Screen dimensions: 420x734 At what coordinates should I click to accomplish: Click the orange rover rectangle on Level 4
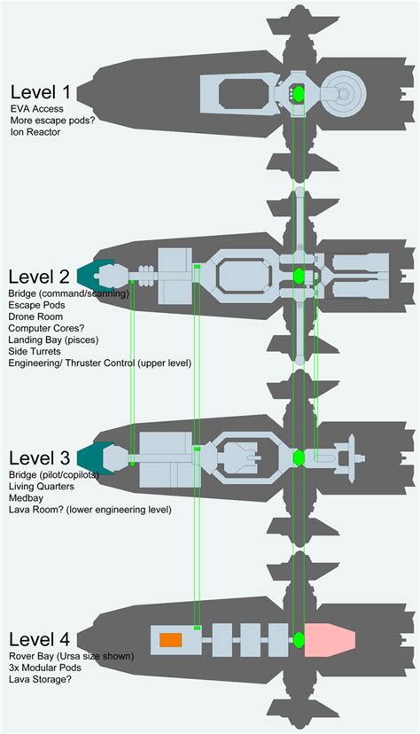(x=171, y=640)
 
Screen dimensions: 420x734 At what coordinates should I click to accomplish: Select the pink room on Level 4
(x=330, y=639)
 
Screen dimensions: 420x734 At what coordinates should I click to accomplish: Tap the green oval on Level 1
(x=299, y=94)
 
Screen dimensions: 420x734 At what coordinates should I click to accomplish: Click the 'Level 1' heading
(x=40, y=92)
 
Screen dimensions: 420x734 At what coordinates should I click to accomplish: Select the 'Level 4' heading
(x=39, y=639)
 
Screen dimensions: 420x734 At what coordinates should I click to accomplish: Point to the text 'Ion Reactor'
(x=35, y=132)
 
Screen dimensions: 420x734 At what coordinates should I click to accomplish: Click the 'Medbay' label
(x=26, y=497)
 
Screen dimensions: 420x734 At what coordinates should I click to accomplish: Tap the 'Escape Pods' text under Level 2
(x=36, y=305)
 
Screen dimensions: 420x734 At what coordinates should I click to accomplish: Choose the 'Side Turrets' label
(x=35, y=351)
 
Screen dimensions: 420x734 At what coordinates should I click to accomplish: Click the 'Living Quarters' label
(x=41, y=487)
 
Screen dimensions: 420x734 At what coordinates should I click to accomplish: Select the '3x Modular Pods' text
(x=45, y=668)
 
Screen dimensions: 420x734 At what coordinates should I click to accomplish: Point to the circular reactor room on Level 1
(x=344, y=94)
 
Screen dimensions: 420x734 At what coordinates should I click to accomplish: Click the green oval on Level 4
(x=299, y=639)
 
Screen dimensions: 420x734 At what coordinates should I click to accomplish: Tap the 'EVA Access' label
(x=36, y=109)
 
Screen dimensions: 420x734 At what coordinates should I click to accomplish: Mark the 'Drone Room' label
(x=35, y=316)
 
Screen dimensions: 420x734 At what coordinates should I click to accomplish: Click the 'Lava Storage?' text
(x=40, y=679)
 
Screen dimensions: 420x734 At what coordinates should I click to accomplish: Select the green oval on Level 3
(x=299, y=457)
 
